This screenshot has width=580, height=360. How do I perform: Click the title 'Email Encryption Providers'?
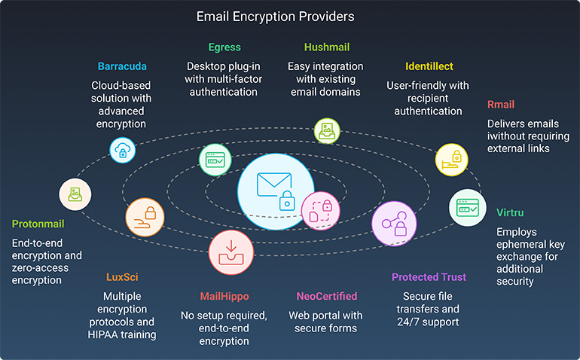click(275, 16)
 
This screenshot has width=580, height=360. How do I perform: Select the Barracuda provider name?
click(121, 66)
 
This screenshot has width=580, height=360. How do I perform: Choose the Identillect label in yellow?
click(429, 66)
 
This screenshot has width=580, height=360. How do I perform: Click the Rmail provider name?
click(501, 105)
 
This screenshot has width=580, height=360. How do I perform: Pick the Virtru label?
click(510, 212)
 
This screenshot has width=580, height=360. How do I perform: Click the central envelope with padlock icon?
click(275, 191)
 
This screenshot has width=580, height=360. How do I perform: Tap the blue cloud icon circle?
click(124, 151)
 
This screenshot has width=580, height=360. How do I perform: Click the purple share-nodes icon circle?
click(394, 224)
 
